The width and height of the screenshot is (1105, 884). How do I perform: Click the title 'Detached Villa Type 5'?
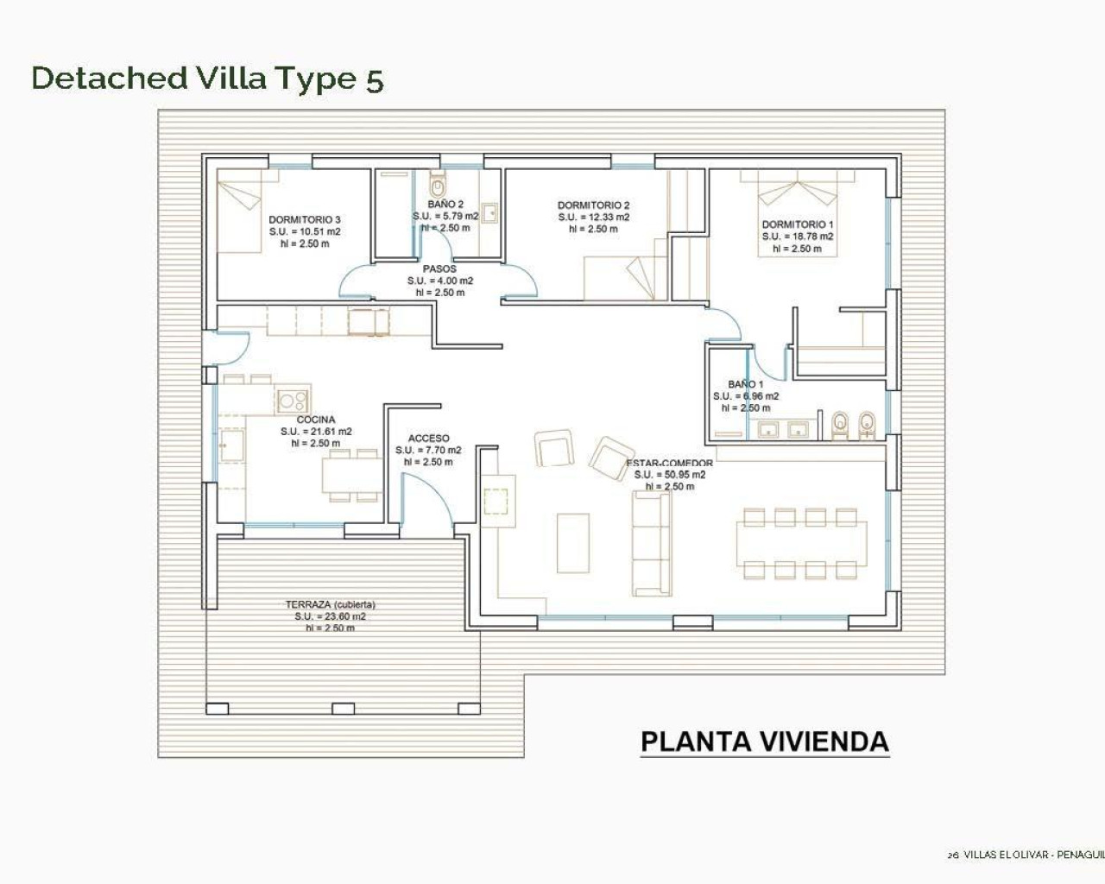point(207,78)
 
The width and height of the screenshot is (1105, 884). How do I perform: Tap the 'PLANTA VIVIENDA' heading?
point(764,742)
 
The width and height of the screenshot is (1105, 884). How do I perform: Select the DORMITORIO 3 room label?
point(304,220)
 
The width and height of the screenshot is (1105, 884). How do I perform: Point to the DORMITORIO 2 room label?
point(593,205)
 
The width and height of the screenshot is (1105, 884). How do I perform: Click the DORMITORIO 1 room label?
point(797,224)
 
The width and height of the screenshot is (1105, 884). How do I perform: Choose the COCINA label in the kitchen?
point(315,420)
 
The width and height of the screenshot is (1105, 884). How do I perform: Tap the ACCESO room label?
point(428,439)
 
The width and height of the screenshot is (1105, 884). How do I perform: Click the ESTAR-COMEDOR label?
point(669,464)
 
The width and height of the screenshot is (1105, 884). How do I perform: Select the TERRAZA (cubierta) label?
point(330,605)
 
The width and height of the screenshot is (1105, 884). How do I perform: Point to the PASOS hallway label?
point(439,269)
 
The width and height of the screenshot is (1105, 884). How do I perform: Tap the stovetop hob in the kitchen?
point(293,400)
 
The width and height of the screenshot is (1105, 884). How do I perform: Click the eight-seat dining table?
point(802,543)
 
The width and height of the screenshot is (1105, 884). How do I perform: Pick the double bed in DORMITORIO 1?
point(798,212)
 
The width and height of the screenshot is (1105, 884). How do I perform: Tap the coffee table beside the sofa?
point(573,543)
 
